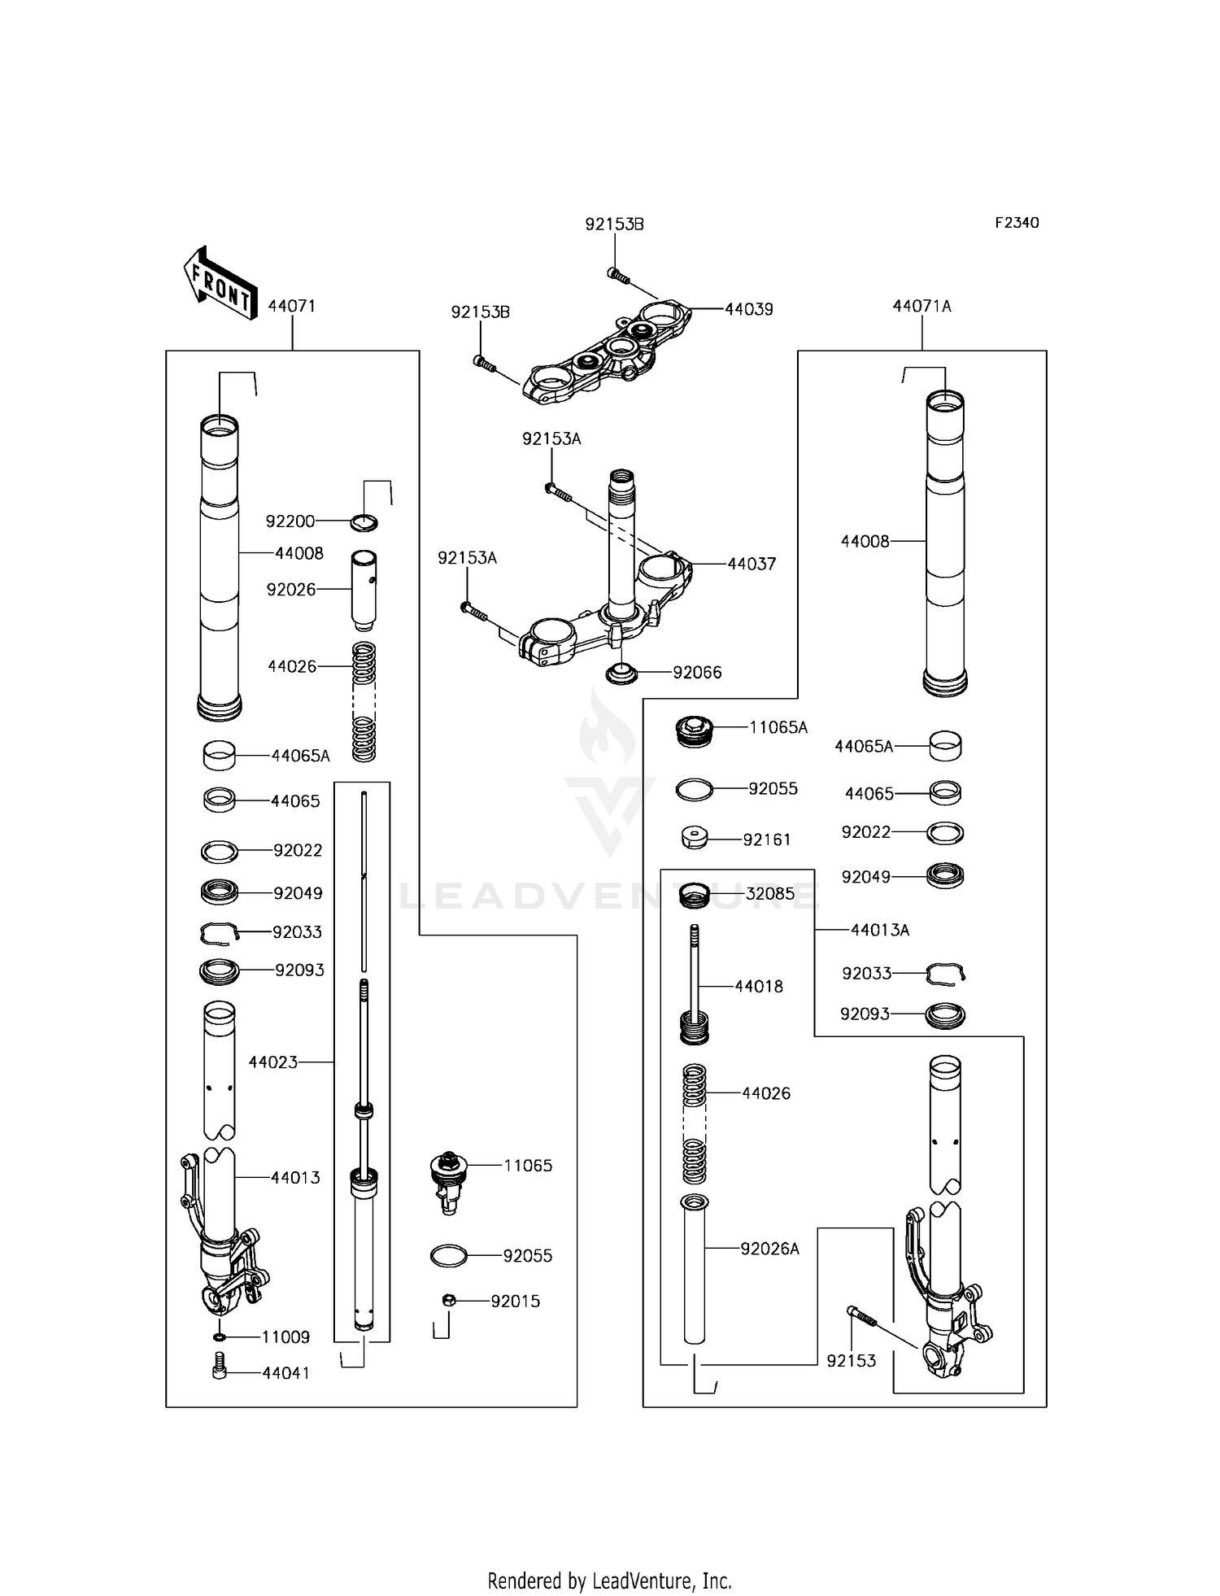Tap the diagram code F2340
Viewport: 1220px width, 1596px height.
[1017, 223]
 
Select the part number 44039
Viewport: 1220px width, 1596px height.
[748, 309]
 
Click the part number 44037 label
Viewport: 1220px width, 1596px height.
[752, 564]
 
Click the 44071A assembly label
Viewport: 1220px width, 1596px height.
[922, 306]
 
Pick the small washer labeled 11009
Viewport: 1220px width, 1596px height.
[220, 1337]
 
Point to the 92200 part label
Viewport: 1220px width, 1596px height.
[290, 521]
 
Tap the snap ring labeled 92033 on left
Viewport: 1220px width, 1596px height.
[220, 932]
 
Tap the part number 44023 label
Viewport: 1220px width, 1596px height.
[272, 1062]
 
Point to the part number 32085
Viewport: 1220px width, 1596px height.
[769, 893]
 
